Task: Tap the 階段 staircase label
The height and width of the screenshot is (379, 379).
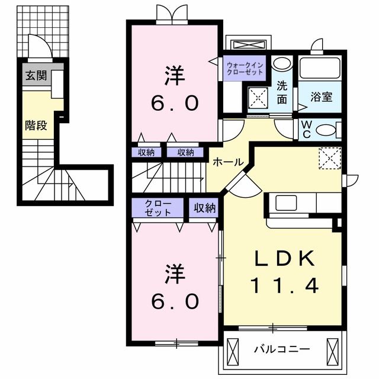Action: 35,125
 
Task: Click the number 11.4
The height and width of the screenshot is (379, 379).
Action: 284,286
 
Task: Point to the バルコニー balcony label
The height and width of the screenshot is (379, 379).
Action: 282,349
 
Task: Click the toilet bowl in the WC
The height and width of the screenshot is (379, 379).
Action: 329,129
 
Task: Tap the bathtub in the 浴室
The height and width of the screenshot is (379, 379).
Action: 320,68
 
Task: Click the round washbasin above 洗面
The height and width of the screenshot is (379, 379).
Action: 282,65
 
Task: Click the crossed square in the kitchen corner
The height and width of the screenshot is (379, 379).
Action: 329,157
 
